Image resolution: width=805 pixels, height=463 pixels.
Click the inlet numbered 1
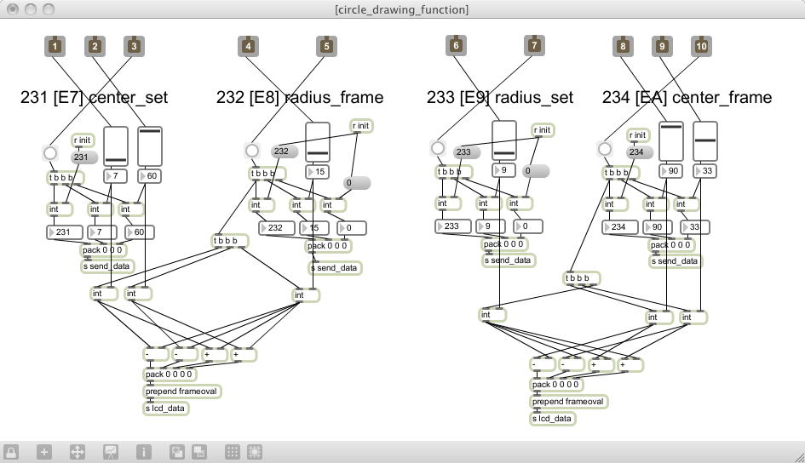pos(55,46)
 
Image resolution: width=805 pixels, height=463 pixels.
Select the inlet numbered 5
pos(325,46)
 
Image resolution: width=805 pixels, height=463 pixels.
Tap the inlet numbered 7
pos(534,46)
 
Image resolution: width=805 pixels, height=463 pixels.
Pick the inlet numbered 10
pos(701,46)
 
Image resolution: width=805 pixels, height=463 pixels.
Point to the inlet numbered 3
pos(133,46)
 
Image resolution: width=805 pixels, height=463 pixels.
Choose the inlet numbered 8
pos(623,46)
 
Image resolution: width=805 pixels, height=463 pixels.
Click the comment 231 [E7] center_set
pos(94,98)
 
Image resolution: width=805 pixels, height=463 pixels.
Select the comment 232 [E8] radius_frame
pos(300,98)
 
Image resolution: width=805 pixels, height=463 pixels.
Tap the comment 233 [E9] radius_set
pos(500,98)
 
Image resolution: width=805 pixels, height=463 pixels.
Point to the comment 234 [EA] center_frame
pos(687,98)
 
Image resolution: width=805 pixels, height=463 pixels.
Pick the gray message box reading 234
pos(638,151)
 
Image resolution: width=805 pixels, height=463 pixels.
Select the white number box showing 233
pos(455,226)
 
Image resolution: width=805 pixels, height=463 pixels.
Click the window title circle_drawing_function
pos(402,9)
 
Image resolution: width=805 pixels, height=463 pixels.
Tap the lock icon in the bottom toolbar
pos(12,452)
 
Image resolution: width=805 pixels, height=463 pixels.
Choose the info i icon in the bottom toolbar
pos(143,452)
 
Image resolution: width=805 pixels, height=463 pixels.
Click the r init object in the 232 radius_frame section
pos(361,126)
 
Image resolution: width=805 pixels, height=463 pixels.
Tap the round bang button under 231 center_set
pos(50,154)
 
